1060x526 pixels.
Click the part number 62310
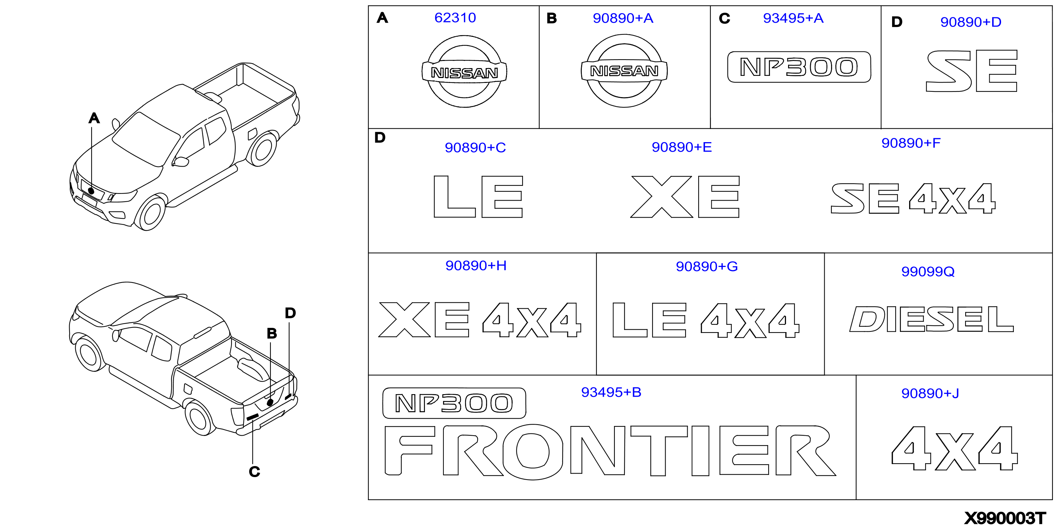tap(455, 18)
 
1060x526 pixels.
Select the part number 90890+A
tap(623, 18)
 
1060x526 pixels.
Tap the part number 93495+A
tap(793, 18)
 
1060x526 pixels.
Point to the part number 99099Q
tap(928, 272)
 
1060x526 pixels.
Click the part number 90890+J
tap(930, 393)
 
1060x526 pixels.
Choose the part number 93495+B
tap(611, 392)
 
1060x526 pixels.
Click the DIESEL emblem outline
tap(931, 319)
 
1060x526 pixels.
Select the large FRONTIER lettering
tap(610, 451)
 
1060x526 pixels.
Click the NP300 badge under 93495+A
tap(799, 67)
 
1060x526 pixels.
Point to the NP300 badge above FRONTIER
tap(454, 403)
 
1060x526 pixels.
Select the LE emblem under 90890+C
tap(478, 197)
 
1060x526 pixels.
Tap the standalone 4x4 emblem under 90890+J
tap(955, 448)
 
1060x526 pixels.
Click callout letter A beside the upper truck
tap(94, 118)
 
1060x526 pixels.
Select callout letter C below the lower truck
tap(254, 471)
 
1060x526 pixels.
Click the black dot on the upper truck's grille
tap(91, 191)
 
